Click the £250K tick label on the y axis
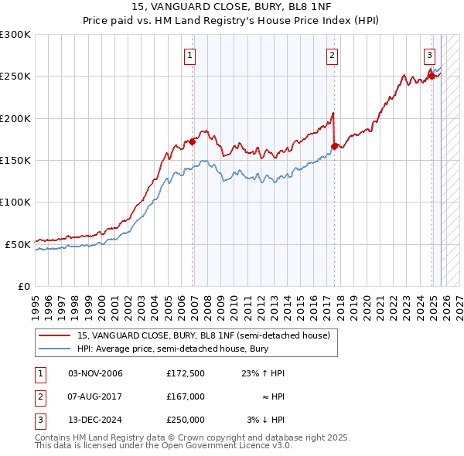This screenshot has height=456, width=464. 15,77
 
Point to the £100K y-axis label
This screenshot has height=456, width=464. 15,202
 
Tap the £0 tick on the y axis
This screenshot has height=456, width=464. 23,286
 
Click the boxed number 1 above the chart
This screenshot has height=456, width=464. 189,55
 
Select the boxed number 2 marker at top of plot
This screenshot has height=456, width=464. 332,55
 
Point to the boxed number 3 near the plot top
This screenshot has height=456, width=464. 429,55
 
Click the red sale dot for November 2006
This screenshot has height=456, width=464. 193,141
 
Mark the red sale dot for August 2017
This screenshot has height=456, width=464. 334,146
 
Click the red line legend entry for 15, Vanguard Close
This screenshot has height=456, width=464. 203,335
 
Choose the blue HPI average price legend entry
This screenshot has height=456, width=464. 171,349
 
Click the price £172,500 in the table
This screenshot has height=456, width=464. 185,373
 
